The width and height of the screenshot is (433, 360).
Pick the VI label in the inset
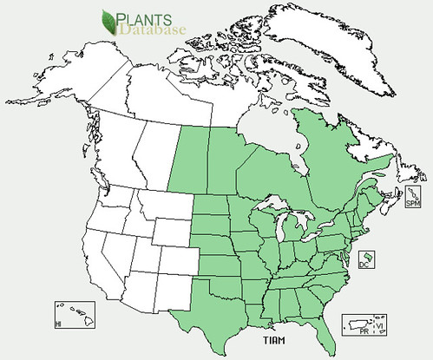click(x=380, y=324)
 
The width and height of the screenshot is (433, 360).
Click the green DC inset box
click(x=366, y=259)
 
